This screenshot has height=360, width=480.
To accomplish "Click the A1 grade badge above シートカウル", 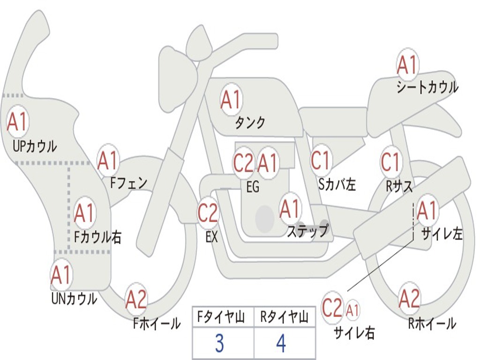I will pyautogui.click(x=407, y=66).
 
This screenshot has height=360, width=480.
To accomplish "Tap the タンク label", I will pyautogui.click(x=250, y=123).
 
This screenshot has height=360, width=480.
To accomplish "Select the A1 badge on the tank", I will pyautogui.click(x=231, y=99).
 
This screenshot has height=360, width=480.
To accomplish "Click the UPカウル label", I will pyautogui.click(x=35, y=146).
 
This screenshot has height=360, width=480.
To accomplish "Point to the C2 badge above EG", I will pyautogui.click(x=243, y=164).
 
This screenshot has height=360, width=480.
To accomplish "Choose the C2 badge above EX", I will pyautogui.click(x=208, y=213).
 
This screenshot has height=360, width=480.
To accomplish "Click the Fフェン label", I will pyautogui.click(x=129, y=183).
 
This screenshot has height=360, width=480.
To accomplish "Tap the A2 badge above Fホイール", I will pyautogui.click(x=136, y=300).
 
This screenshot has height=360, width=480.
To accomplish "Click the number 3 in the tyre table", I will pyautogui.click(x=219, y=344).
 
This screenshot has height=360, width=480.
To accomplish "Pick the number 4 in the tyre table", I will pyautogui.click(x=281, y=344).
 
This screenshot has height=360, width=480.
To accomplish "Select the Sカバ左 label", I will pyautogui.click(x=337, y=185).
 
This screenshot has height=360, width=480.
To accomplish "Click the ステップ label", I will pyautogui.click(x=307, y=231).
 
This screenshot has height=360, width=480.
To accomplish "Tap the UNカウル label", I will pyautogui.click(x=74, y=299).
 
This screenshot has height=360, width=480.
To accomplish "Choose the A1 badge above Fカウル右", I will pyautogui.click(x=85, y=213).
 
